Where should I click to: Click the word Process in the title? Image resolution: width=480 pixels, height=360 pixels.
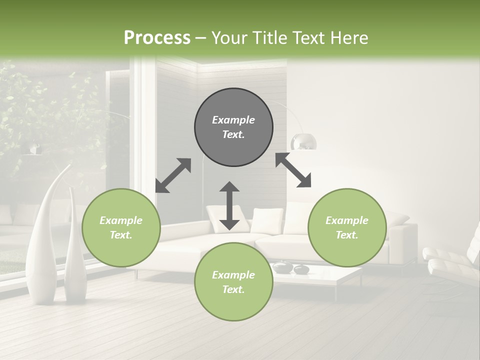tap(157, 38)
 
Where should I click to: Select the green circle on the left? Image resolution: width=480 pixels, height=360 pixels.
tap(121, 227)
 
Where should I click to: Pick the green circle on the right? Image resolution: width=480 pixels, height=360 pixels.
tap(347, 227)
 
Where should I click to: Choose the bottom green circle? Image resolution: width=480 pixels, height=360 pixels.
tap(233, 281)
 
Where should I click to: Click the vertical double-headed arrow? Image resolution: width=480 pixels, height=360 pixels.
tap(229, 205)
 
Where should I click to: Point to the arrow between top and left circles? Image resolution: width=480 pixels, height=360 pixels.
tap(173, 175)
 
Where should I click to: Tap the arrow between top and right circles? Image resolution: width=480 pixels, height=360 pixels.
tap(293, 170)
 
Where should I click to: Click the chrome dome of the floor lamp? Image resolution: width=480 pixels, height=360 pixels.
tap(303, 141)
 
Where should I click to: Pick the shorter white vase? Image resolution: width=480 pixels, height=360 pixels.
tap(75, 250)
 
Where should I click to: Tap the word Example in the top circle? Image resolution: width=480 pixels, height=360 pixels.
tap(233, 120)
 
